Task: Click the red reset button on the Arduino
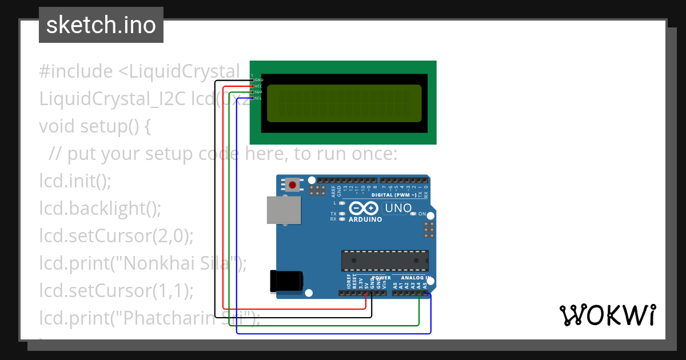293,185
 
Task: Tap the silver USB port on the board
284,210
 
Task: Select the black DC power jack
286,281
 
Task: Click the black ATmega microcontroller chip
385,261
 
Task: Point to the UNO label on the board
398,208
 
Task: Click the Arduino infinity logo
364,209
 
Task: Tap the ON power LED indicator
413,214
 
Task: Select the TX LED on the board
342,214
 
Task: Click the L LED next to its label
342,203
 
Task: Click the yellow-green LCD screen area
344,103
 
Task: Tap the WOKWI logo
607,315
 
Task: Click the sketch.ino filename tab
101,25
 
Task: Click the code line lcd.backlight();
101,208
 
